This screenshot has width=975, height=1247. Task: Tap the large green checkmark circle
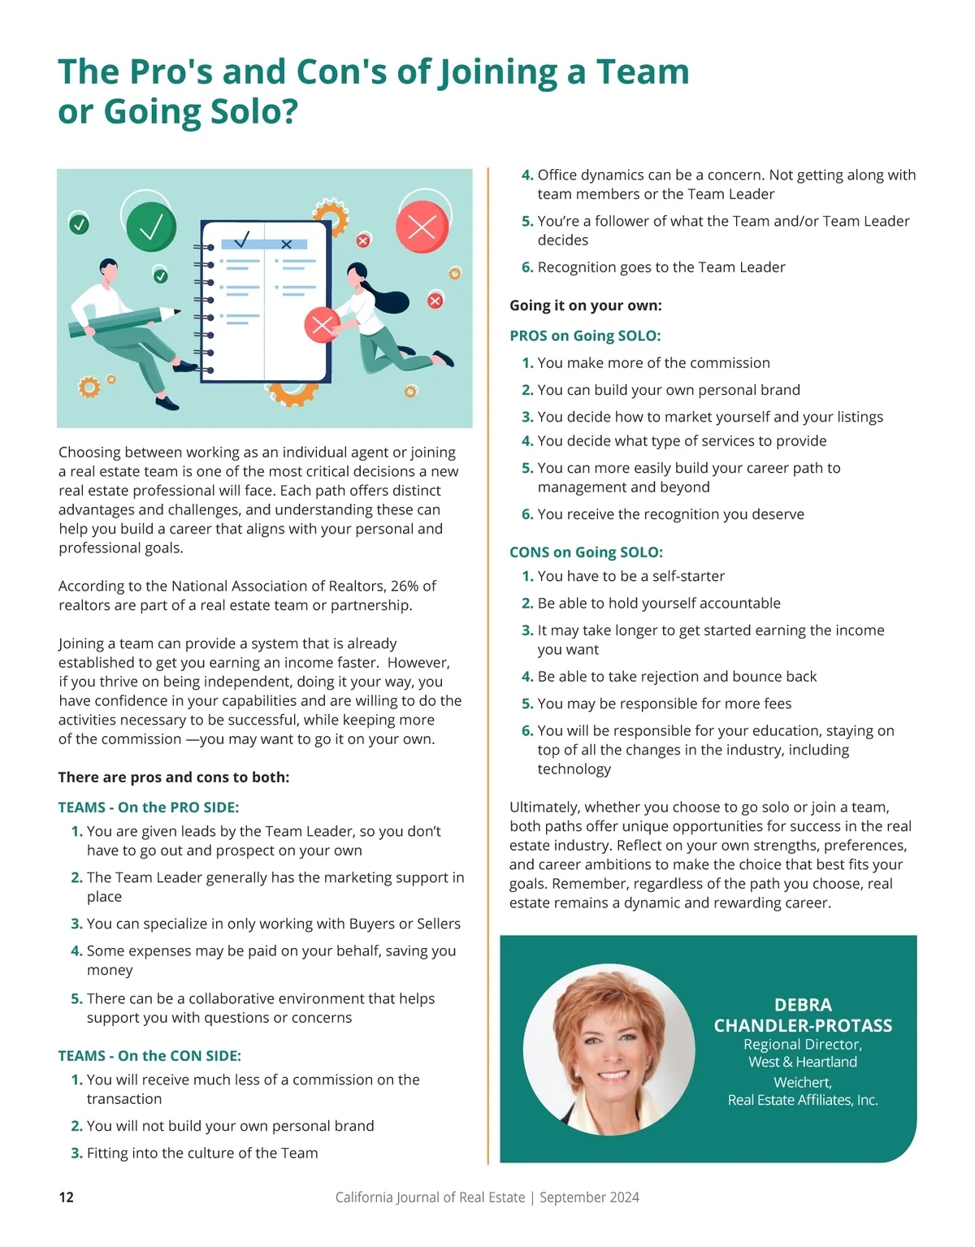tap(151, 227)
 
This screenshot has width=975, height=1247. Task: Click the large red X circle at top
tap(422, 226)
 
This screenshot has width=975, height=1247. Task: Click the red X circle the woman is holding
tap(322, 326)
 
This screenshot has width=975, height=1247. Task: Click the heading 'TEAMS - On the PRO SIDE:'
tap(149, 808)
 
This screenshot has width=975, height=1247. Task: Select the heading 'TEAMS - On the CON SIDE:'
tap(149, 1056)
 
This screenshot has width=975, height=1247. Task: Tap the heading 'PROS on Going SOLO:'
tap(585, 336)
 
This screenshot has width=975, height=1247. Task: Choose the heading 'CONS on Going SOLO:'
tap(586, 552)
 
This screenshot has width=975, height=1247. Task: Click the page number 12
tap(67, 1197)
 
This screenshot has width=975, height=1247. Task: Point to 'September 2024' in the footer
tap(589, 1197)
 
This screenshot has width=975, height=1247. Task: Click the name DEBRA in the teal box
tap(803, 1005)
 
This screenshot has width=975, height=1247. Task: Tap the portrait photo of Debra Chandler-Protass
tap(609, 1050)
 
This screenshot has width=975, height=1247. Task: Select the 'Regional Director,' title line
tap(803, 1045)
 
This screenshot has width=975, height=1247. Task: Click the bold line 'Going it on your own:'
tap(585, 305)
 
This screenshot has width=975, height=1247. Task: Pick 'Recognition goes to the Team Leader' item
tap(661, 267)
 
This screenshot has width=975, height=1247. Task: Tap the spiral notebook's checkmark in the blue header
tap(242, 240)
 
